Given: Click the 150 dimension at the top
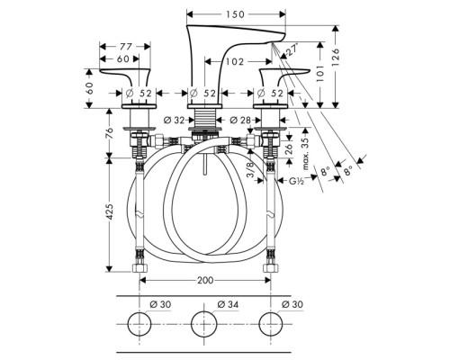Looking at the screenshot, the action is (236, 14).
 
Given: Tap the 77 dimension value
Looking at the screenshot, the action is (126, 47).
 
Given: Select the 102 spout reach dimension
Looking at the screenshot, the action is (235, 62).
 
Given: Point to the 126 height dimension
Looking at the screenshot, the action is (336, 55).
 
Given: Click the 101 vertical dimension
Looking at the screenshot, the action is (320, 74).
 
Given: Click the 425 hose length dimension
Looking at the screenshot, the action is (110, 211).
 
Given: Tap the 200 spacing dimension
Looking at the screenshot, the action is (205, 280).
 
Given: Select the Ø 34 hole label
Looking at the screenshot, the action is (228, 304).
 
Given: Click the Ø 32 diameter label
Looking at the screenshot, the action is (174, 121).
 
